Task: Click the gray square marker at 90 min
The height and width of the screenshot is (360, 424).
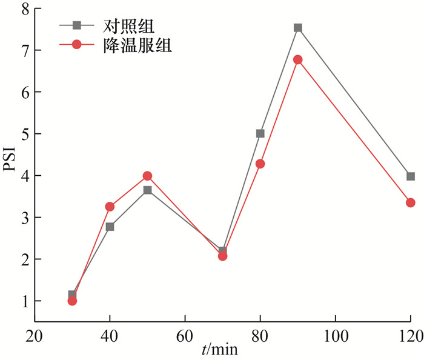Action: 298,28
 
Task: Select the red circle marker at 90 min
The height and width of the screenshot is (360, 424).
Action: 298,60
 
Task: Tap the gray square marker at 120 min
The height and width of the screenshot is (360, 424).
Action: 411,176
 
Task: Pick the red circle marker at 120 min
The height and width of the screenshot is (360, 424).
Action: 411,202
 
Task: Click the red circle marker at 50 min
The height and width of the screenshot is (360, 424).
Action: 147,176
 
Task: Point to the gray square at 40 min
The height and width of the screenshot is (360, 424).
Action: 110,227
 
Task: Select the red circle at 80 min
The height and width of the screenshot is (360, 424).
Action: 260,164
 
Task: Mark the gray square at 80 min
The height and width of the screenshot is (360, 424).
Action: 260,133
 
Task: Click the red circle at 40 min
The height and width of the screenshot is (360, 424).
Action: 110,207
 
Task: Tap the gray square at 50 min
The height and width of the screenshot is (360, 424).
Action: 147,190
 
